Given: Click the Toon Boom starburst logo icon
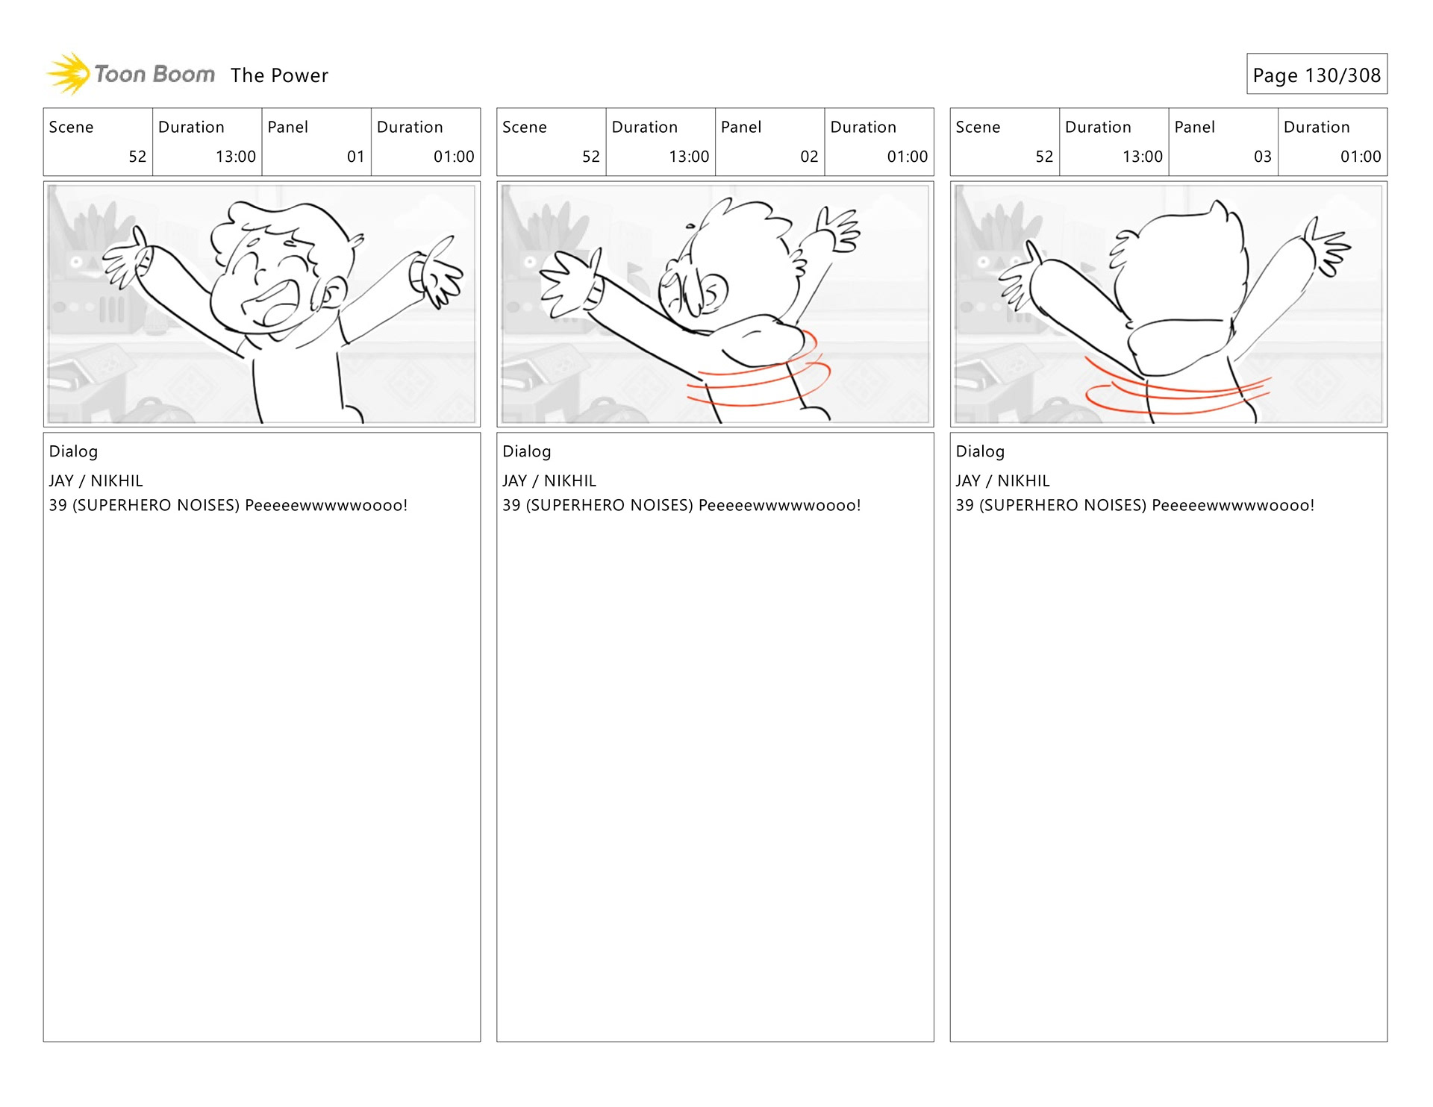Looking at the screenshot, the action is pos(69,74).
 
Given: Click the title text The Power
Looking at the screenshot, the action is pos(279,75).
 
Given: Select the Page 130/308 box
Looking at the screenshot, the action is pos(1317,74).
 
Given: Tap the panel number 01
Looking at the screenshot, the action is pos(355,157).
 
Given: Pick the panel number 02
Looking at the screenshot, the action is pos(809,157).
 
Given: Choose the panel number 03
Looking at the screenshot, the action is pos(1262,157).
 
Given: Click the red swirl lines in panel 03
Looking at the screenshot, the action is pos(1176,388).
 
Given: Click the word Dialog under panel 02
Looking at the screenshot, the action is pos(526,451).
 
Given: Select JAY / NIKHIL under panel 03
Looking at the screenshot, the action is pos(1002,481).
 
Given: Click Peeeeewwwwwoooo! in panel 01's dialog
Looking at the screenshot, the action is pos(326,505).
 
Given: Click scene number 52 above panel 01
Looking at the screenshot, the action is pos(137,157).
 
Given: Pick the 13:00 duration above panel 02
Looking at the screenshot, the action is pos(689,157).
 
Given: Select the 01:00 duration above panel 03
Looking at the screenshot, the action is pos(1361,157).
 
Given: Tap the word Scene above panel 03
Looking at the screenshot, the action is pos(978,127).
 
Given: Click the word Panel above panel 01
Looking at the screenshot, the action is pos(287,127).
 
